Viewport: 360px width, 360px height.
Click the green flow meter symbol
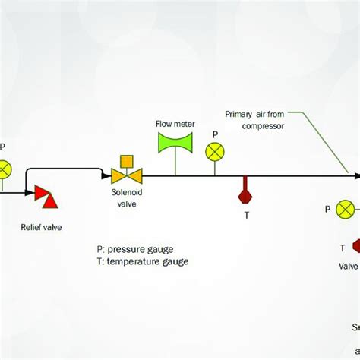point(175,143)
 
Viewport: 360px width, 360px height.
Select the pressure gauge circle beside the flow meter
point(215,152)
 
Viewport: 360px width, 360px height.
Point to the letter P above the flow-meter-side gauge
point(215,134)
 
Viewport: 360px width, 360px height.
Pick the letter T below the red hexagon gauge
point(245,215)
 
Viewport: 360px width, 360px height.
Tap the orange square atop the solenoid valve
point(127,161)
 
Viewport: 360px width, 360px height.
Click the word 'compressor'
point(262,126)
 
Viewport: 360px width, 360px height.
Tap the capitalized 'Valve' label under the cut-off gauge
point(349,265)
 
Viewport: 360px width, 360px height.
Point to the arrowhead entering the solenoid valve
point(106,176)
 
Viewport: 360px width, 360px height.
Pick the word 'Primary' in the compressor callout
point(238,115)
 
